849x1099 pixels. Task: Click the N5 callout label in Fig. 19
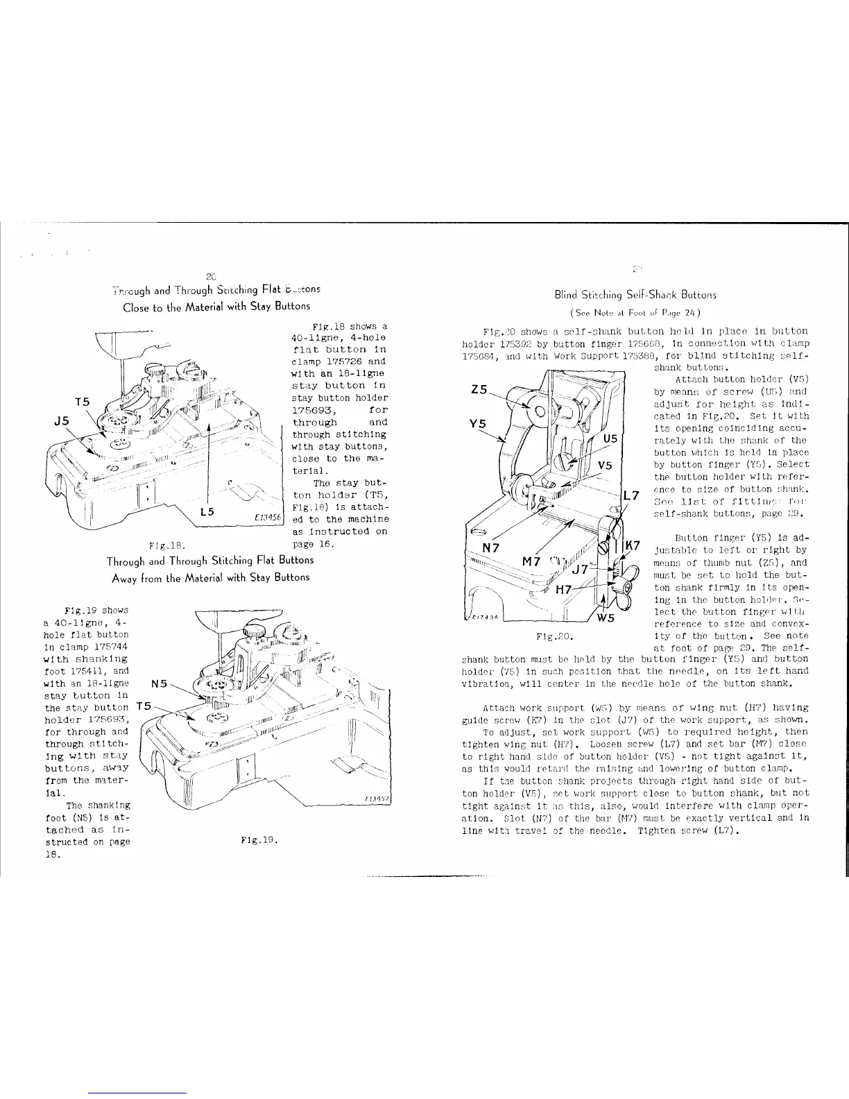point(159,683)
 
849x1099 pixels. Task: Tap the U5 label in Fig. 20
point(610,438)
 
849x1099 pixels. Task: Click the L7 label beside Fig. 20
point(631,496)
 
